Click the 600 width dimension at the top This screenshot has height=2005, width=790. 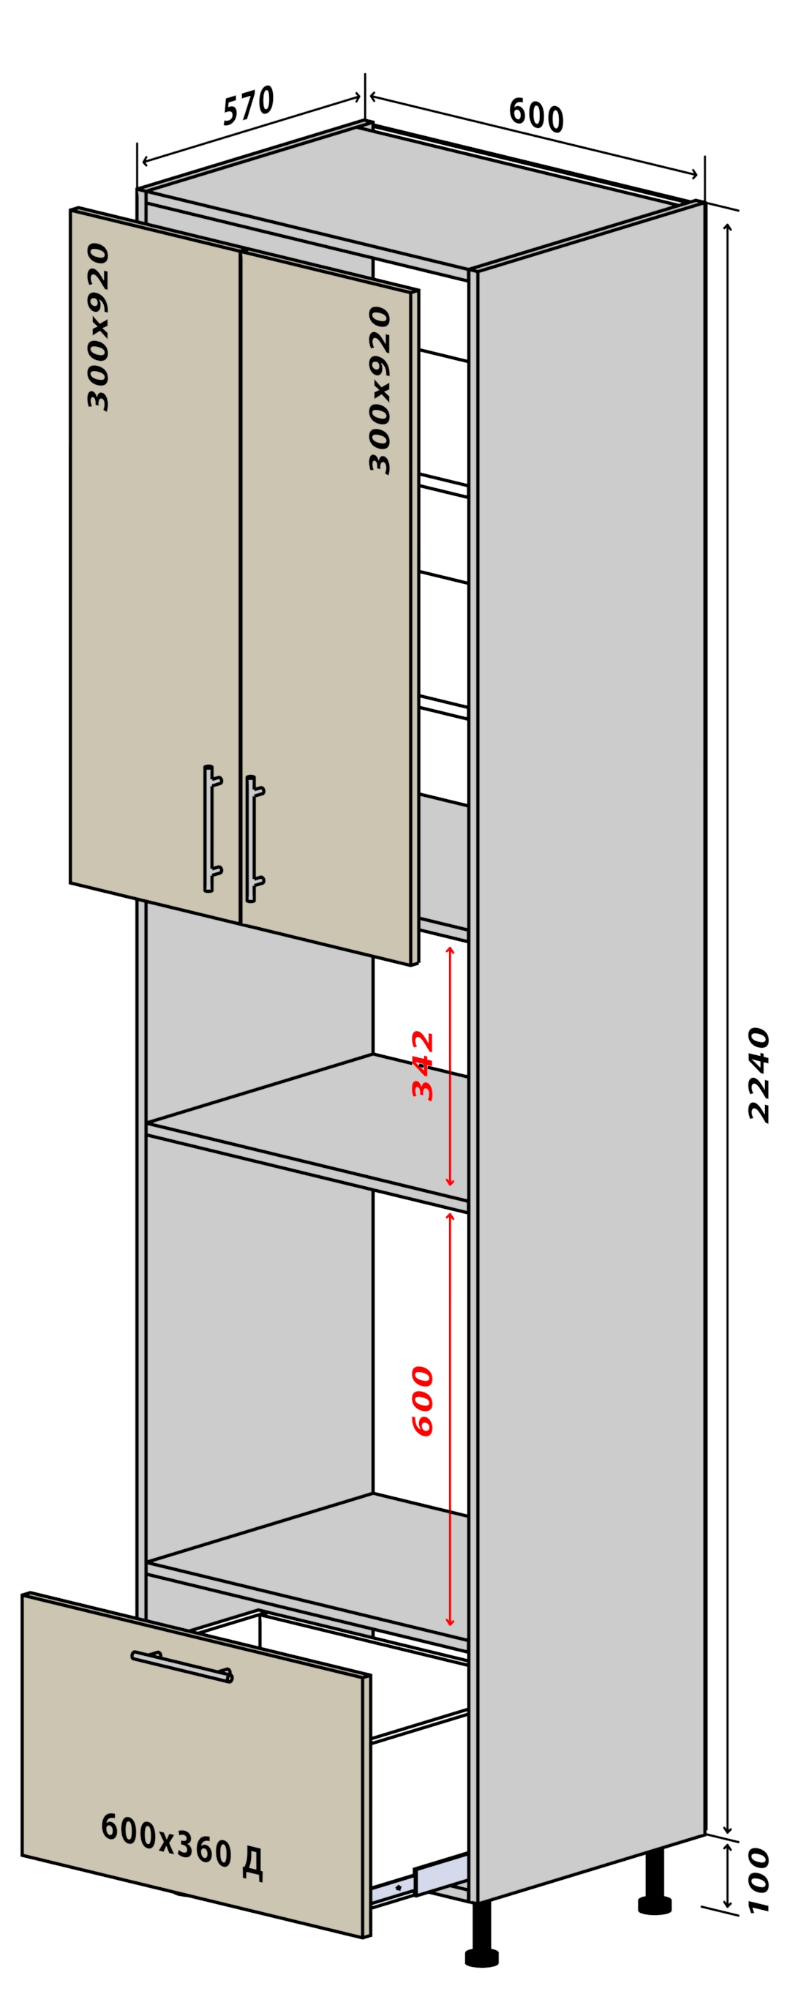point(536,115)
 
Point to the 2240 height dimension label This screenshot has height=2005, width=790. point(758,1074)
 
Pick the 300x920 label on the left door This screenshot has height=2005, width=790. point(98,326)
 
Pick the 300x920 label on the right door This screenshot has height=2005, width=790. point(380,390)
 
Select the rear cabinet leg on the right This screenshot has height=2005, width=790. point(655,1882)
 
